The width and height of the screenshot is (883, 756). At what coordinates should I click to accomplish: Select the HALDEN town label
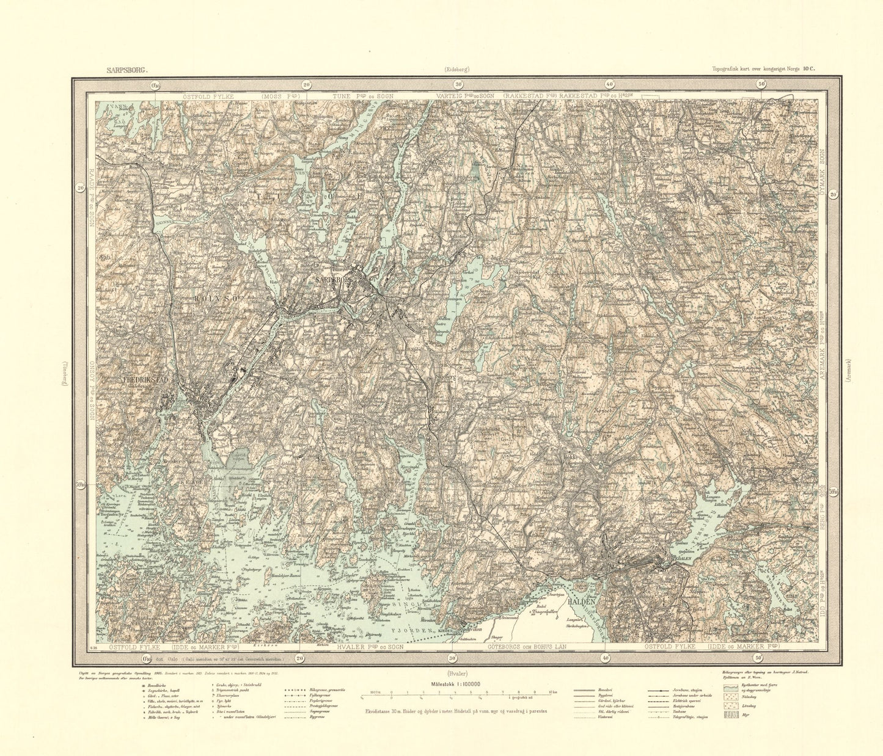(x=581, y=601)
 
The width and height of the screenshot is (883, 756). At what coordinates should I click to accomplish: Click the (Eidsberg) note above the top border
(x=458, y=70)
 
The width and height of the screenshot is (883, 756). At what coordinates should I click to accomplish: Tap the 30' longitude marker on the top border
(x=458, y=85)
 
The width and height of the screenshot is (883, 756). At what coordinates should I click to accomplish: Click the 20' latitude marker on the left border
(x=81, y=188)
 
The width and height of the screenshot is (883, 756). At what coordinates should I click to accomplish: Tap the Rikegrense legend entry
(x=298, y=689)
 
